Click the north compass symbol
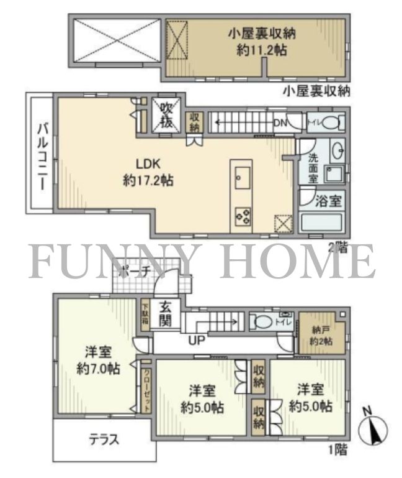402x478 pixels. [x=373, y=429]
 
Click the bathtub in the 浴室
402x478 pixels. [x=321, y=222]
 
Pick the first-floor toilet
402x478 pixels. [x=266, y=322]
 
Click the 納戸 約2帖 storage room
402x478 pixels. [x=321, y=336]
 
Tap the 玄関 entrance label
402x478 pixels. [x=165, y=315]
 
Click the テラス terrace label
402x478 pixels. [x=100, y=439]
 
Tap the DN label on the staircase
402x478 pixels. [x=279, y=123]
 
